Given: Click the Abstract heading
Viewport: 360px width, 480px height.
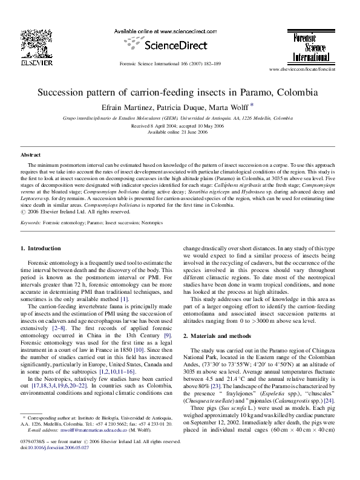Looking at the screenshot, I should tap(30, 155).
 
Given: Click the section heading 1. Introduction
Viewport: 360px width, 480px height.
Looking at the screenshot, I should tap(41, 248).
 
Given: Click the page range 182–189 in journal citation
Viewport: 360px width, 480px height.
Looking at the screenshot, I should tap(212, 63).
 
